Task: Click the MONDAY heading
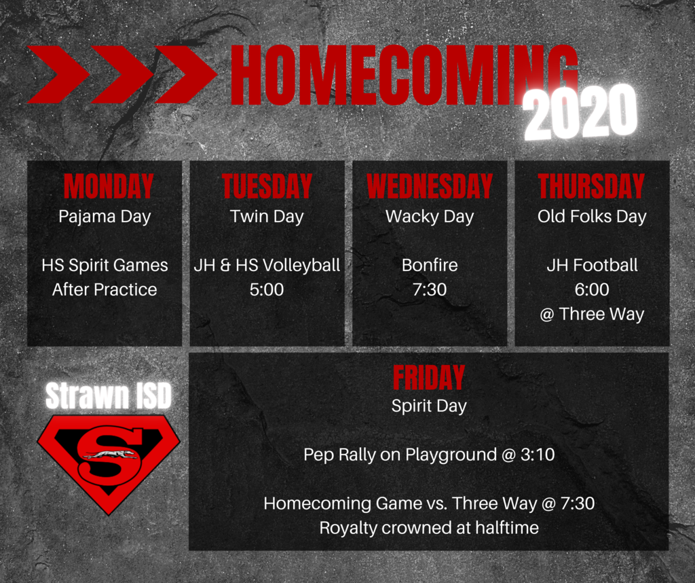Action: [x=109, y=186]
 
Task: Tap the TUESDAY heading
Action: [x=267, y=186]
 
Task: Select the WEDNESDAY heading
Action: [x=430, y=186]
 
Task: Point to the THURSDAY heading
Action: [x=591, y=186]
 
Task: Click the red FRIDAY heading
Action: [x=429, y=377]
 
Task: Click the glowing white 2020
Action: [x=580, y=112]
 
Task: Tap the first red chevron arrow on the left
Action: [x=58, y=75]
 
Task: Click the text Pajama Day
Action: [x=105, y=217]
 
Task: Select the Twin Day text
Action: [x=267, y=217]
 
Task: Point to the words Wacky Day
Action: [x=430, y=217]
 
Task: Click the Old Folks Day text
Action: [x=592, y=217]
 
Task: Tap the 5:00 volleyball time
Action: [x=266, y=289]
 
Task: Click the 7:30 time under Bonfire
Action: [x=430, y=289]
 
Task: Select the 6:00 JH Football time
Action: [x=592, y=289]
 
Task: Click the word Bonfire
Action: [x=430, y=265]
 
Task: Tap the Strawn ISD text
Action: [x=109, y=395]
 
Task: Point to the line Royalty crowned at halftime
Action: [x=429, y=528]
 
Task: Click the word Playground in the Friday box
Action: [x=451, y=455]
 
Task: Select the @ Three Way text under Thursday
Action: [x=592, y=315]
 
